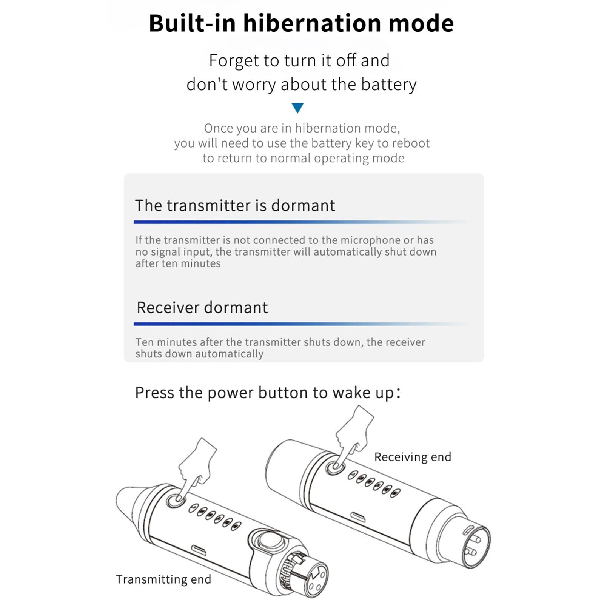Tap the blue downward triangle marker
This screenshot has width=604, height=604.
(297, 108)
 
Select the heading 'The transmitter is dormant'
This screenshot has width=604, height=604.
(235, 205)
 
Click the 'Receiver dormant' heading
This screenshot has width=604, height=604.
(202, 307)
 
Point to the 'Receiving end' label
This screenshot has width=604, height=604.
(413, 457)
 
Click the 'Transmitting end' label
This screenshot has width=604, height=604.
(163, 579)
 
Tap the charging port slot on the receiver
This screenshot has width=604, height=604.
(358, 517)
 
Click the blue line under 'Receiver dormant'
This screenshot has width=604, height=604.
(300, 324)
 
